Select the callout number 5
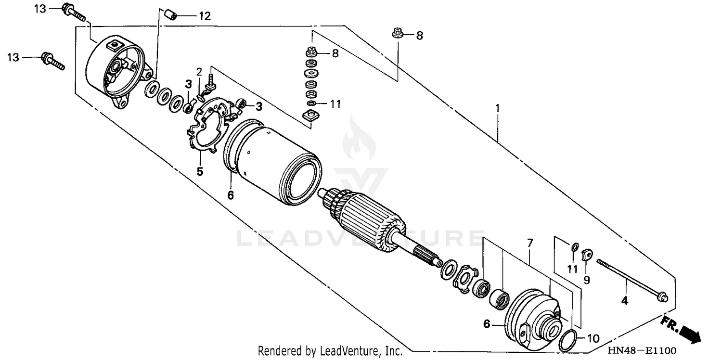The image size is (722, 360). (x=199, y=171)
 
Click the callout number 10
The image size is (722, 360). (x=593, y=338)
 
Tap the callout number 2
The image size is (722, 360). (x=199, y=72)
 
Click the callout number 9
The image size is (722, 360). (x=586, y=279)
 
